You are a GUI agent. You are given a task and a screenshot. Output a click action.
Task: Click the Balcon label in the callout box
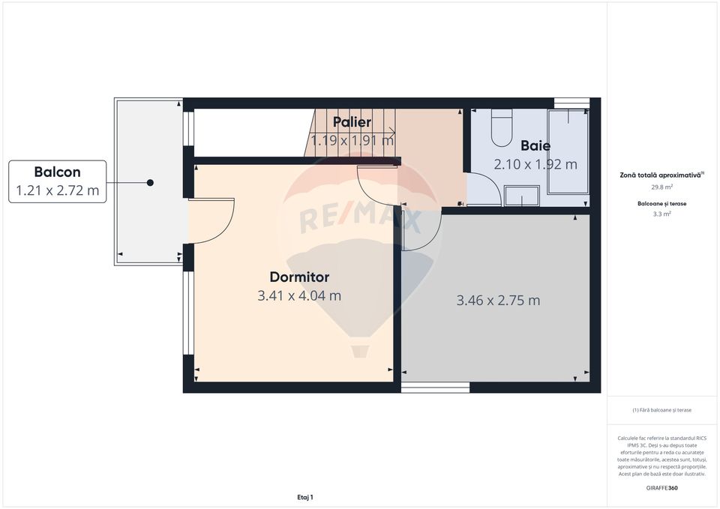pos(57,172)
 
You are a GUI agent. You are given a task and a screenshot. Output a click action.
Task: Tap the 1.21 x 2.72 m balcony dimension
pos(57,190)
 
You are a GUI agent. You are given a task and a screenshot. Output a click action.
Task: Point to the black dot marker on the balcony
pos(150,182)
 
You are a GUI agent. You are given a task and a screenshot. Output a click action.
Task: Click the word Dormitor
pos(299,277)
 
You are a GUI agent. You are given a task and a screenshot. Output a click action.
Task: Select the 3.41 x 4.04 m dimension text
pos(299,295)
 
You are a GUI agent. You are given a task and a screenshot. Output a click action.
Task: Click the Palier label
pos(352,121)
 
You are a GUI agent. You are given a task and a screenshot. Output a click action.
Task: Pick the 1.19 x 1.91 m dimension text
pos(352,139)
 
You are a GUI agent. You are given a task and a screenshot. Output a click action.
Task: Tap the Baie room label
pos(535,145)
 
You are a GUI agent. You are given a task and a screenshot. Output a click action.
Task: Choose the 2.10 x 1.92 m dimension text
pos(535,164)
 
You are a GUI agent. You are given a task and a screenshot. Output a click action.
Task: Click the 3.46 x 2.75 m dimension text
pos(498,301)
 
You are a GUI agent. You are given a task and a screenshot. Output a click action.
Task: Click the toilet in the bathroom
pos(501,128)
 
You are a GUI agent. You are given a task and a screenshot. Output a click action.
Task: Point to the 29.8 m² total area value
pos(661,187)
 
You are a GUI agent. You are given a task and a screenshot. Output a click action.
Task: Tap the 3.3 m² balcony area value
pos(661,214)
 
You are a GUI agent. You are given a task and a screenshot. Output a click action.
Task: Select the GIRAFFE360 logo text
pos(661,488)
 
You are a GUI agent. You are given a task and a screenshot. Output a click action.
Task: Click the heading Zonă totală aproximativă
pos(661,174)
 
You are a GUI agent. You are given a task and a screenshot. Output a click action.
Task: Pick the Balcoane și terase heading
pos(661,203)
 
